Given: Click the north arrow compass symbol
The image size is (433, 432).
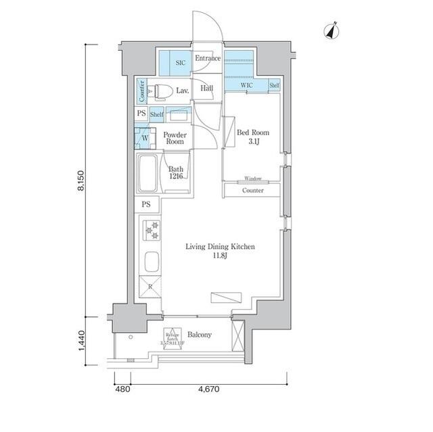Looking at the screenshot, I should point(332,30).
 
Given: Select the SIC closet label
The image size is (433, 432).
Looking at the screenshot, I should point(180,63).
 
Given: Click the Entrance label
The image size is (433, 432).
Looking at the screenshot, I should point(208,59).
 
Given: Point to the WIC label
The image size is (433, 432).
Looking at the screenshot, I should point(247,86).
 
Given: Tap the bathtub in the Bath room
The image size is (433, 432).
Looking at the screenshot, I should point(147,174).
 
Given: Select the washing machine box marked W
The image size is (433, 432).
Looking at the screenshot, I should point(144,139).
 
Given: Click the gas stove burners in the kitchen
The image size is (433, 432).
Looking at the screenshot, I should point(150,231).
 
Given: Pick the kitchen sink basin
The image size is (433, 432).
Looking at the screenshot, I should point(152,262).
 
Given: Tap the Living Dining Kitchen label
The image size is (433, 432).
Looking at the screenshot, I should point(220,251).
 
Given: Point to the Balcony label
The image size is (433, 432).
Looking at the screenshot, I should point(200,335).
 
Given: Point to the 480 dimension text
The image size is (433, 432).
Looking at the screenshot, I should point(122,389).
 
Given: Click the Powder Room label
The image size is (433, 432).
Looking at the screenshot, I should point(175,138).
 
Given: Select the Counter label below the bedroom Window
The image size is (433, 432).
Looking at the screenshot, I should point(252,191).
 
